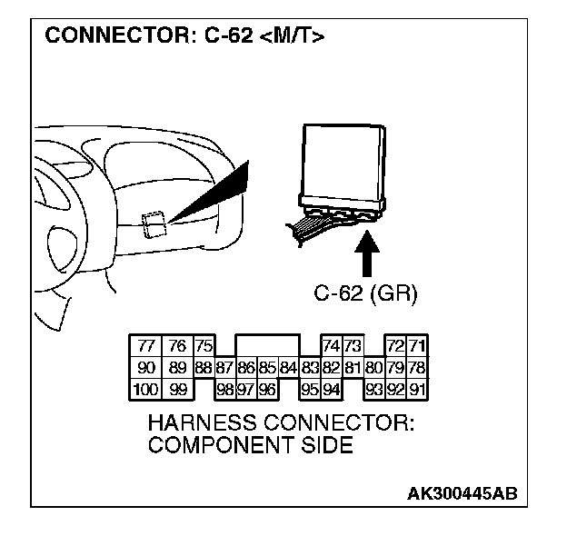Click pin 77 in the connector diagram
pos(145,346)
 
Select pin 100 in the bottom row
pos(145,390)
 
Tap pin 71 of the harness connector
pos(418,346)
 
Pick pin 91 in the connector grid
pos(418,390)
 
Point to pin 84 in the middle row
pos(289,368)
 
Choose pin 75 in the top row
pos(204,346)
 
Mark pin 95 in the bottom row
pos(311,390)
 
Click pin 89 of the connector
pos(177,368)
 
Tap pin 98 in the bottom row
pos(225,390)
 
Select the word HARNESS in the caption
pos(195,424)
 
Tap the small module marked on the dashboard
pos(154,223)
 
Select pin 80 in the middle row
pos(373,368)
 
